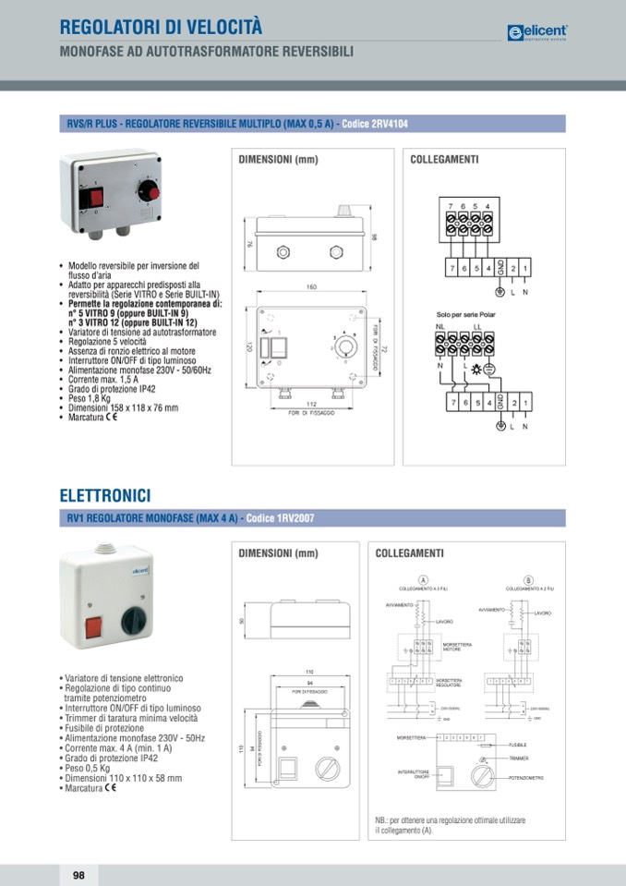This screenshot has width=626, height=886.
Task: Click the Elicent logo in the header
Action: coord(536,32)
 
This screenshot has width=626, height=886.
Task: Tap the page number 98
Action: coord(78,874)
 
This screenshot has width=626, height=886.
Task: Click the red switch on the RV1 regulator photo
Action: coord(93,627)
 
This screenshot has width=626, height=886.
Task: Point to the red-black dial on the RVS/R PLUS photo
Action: coord(147,191)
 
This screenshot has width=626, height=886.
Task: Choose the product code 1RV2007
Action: coord(281,519)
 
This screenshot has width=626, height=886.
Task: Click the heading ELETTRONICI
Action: coord(104,497)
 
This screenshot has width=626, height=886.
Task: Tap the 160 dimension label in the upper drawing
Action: coord(311,288)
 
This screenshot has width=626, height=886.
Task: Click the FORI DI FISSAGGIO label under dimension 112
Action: coord(310,412)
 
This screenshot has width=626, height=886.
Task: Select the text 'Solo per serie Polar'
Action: coord(467,315)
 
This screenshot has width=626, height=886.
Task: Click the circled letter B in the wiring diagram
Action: coord(528,579)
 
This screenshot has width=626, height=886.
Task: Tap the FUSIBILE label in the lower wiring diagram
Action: coord(517,745)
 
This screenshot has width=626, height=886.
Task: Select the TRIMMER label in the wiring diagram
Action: coord(518,759)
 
